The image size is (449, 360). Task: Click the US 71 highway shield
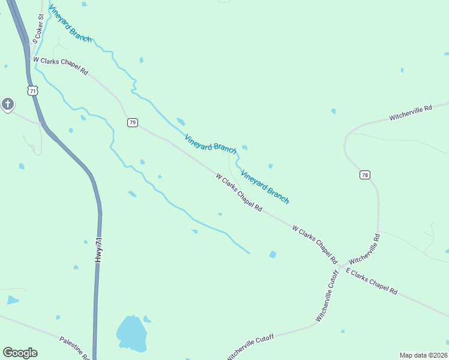(x=33, y=91)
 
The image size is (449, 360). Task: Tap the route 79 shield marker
(x=133, y=122)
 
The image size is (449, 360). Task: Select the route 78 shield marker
(x=365, y=175)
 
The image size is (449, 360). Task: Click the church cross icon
(x=7, y=104)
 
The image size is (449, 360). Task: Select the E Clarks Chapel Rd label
(x=372, y=281)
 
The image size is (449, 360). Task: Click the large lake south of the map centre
(x=131, y=334)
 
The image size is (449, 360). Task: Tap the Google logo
(x=20, y=353)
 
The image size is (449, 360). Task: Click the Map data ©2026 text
(x=423, y=355)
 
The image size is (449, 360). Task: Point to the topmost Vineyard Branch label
(x=70, y=23)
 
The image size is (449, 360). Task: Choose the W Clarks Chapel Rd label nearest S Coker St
(x=61, y=65)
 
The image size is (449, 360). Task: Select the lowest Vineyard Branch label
(x=265, y=187)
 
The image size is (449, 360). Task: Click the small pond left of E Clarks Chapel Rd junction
(x=273, y=254)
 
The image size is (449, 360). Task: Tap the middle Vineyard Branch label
(x=211, y=143)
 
